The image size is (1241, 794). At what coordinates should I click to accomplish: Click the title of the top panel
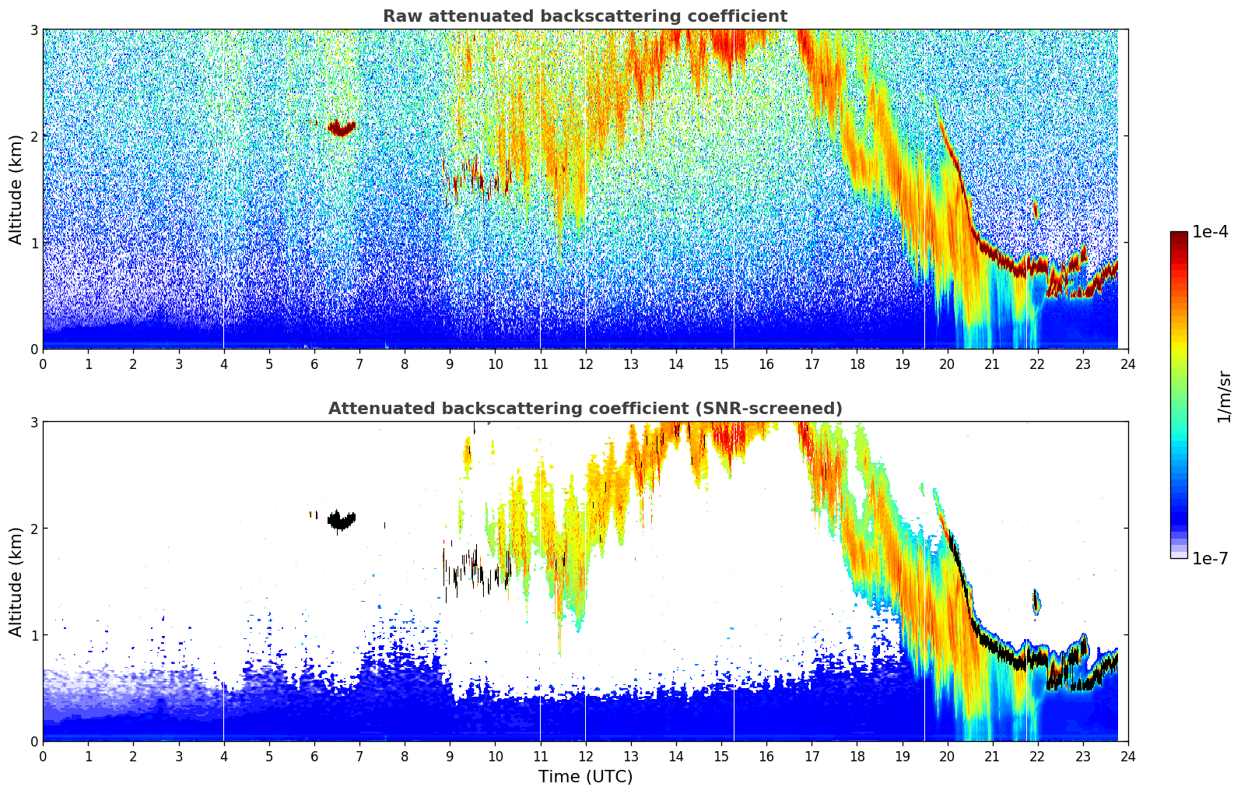[x=585, y=16]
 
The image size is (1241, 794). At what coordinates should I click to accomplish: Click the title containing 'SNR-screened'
[x=585, y=408]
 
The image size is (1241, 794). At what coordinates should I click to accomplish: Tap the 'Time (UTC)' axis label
[x=585, y=776]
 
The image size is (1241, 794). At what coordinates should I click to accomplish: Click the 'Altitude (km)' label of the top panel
[x=16, y=190]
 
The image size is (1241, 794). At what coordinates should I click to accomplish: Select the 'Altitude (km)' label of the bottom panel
[x=16, y=581]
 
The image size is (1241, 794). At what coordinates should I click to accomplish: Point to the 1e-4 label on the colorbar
[x=1209, y=232]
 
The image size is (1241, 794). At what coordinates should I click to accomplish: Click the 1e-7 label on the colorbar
[x=1209, y=558]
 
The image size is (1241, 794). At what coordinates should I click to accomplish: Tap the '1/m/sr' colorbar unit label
[x=1224, y=397]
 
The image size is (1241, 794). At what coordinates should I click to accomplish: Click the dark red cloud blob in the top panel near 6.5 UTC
[x=342, y=128]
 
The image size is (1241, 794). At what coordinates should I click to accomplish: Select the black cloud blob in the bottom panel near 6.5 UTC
[x=342, y=521]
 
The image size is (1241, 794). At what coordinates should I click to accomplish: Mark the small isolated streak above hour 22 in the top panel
[x=1036, y=209]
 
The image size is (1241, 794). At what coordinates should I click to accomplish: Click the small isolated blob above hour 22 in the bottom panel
[x=1036, y=603]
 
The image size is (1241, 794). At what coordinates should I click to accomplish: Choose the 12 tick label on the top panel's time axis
[x=586, y=365]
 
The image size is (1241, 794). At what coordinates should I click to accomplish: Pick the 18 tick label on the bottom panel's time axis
[x=857, y=757]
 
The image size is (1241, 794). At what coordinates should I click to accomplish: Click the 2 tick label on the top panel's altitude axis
[x=33, y=136]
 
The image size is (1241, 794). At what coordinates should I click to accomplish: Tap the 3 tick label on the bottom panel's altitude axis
[x=33, y=423]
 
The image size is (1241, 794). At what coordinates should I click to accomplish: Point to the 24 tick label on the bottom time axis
[x=1128, y=757]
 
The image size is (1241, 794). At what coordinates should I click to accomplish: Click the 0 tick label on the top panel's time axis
[x=44, y=365]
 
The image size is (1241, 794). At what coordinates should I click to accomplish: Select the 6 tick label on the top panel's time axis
[x=314, y=365]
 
